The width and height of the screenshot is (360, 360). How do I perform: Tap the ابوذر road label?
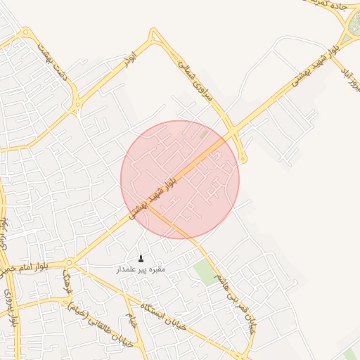pyautogui.click(x=128, y=61)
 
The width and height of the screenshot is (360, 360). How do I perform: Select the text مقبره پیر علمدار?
pyautogui.click(x=141, y=269)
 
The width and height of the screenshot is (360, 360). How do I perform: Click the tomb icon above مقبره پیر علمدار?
pyautogui.click(x=141, y=259)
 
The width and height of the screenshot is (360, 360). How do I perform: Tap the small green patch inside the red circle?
pyautogui.click(x=204, y=133)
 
